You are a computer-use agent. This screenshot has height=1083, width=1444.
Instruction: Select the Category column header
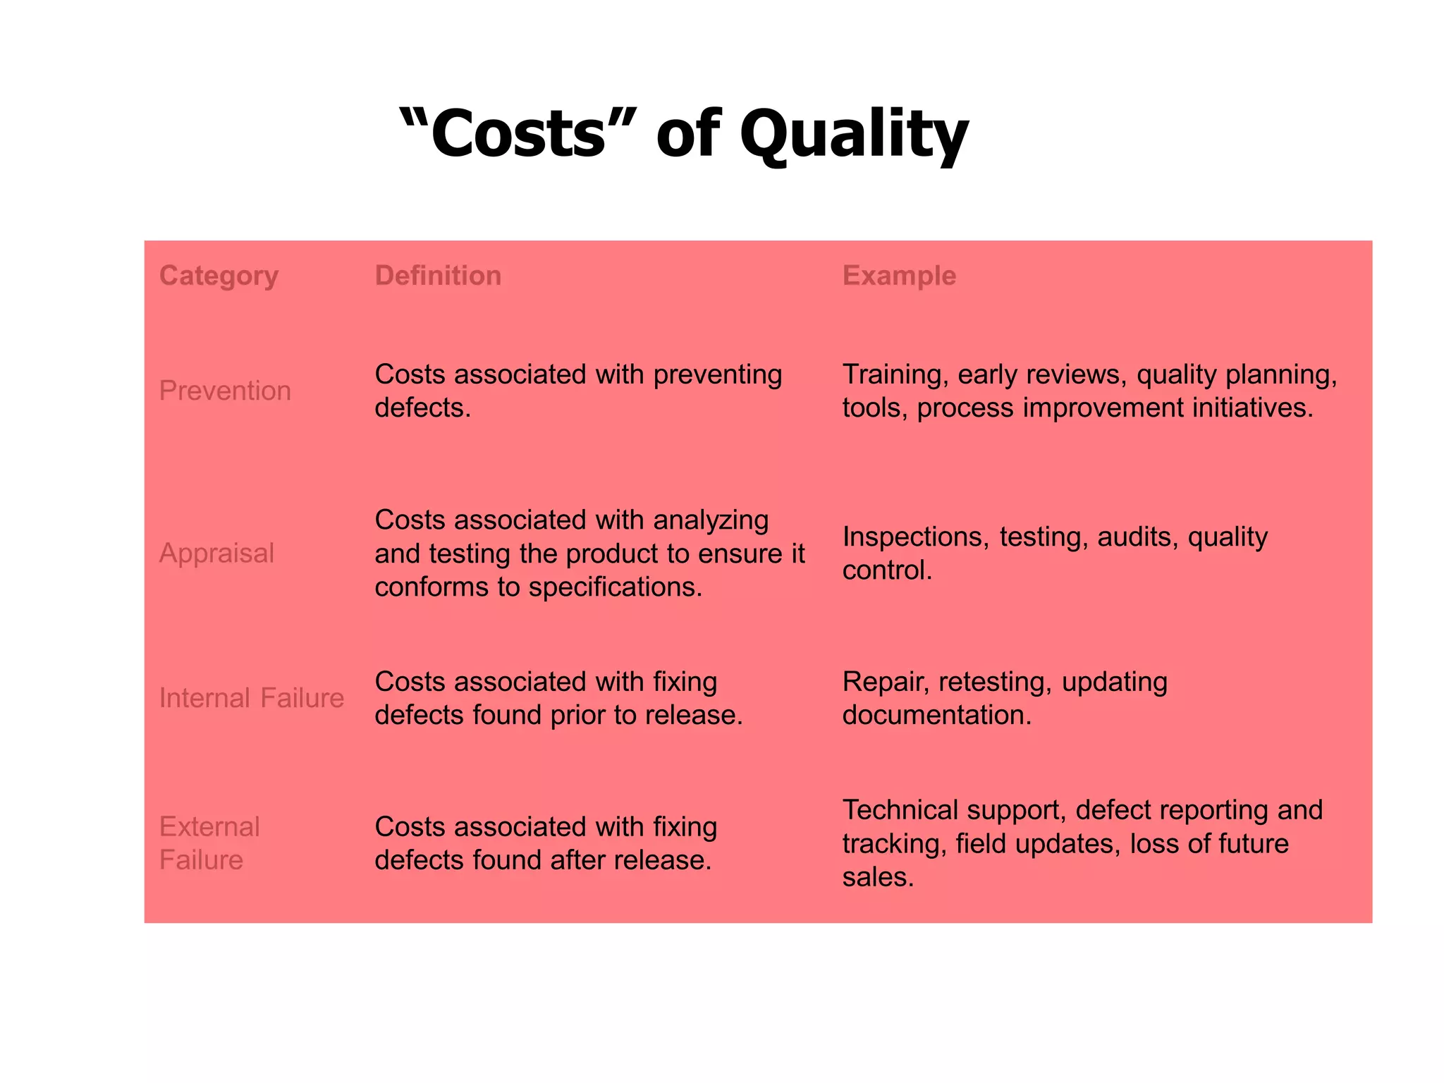(x=219, y=276)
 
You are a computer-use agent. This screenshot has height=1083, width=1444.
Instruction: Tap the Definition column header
(x=438, y=276)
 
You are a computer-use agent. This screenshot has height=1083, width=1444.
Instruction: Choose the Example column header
(x=899, y=276)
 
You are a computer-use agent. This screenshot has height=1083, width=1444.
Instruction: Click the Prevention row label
(x=225, y=391)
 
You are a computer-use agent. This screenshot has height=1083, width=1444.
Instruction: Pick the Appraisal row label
(x=216, y=553)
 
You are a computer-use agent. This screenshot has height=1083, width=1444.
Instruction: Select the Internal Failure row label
(x=252, y=698)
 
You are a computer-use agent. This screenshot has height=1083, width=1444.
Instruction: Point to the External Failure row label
(x=209, y=843)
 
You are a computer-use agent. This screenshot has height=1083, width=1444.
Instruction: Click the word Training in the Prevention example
(x=895, y=375)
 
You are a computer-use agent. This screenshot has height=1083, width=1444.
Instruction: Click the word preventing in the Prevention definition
(x=717, y=375)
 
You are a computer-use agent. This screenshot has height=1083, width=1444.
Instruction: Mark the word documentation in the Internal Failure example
(x=937, y=716)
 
